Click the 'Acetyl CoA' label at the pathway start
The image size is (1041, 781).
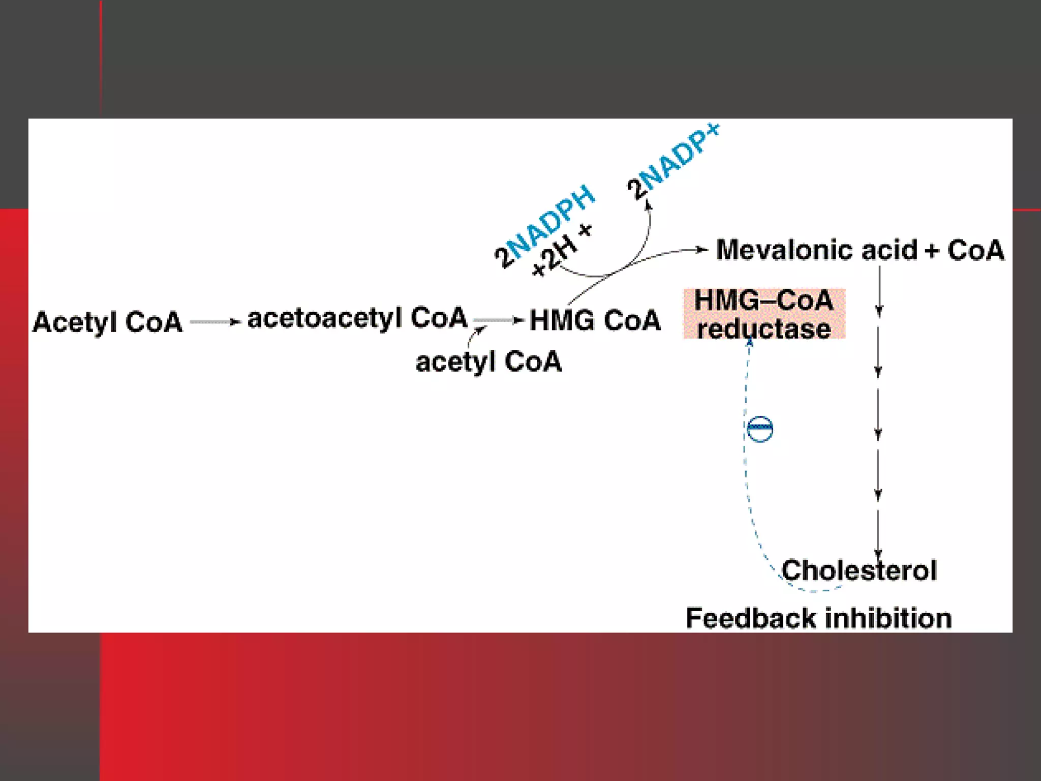coord(107,322)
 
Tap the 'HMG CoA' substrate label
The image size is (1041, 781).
coord(595,321)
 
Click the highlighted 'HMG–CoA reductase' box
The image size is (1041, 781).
coord(764,314)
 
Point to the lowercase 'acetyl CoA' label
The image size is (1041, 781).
coord(488,362)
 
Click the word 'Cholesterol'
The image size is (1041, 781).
coord(859,570)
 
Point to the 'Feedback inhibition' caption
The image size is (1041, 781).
coord(818,619)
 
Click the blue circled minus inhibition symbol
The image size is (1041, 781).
coord(760,429)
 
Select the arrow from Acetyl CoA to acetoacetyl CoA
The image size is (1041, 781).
coord(215,322)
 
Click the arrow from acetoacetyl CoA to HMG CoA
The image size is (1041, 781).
coord(498,320)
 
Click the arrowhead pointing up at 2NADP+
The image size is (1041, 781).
coord(648,205)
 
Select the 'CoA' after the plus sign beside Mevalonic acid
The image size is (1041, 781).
coord(975,250)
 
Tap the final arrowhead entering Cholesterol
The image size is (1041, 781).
coord(878,554)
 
